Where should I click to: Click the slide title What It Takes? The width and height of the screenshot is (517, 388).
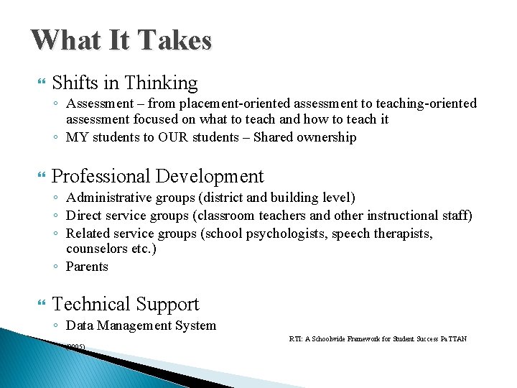(x=121, y=40)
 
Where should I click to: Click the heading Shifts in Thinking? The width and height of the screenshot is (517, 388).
(x=124, y=83)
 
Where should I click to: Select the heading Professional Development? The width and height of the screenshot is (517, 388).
(x=158, y=176)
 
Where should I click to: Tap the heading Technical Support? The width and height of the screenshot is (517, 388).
(x=126, y=304)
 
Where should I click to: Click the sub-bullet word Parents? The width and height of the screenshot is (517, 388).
(x=87, y=267)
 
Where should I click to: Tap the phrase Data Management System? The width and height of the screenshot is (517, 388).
(x=141, y=325)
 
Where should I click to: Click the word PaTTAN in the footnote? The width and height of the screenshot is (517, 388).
(x=454, y=338)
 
